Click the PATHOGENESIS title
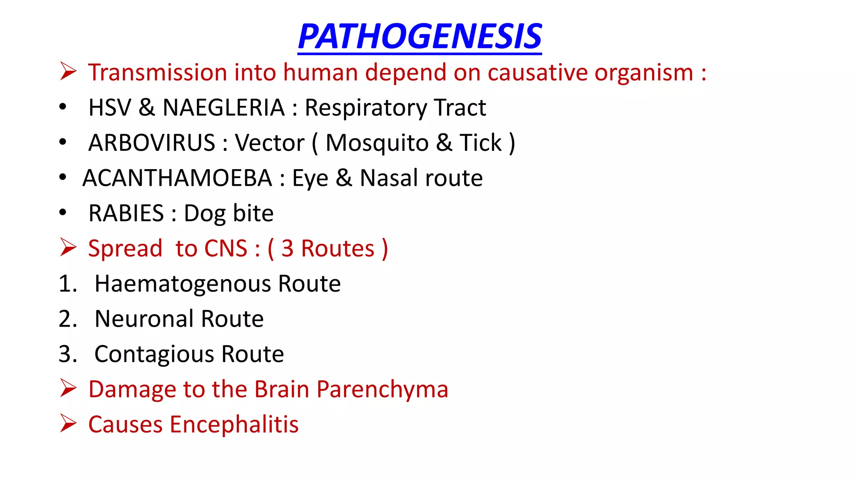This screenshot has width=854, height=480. (x=419, y=37)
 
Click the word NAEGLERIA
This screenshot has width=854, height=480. (x=224, y=107)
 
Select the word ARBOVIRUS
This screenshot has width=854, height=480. (x=152, y=143)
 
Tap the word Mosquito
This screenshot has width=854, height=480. (x=377, y=143)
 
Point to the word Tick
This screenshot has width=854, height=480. (x=480, y=143)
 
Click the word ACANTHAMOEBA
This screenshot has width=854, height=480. (x=177, y=178)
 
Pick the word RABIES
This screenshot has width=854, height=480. (x=126, y=213)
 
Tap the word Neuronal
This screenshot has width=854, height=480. (x=144, y=319)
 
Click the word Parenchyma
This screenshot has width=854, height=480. (x=382, y=390)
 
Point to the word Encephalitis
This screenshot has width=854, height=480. (x=234, y=425)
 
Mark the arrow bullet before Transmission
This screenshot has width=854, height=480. (x=68, y=71)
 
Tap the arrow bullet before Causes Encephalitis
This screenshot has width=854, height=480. (x=68, y=423)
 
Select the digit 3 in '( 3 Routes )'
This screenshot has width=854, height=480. (x=287, y=249)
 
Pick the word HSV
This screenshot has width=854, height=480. (x=110, y=107)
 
